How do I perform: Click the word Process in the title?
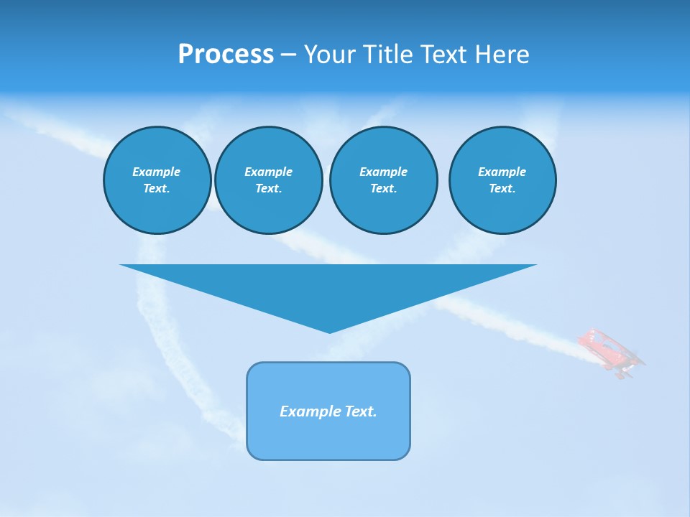click(x=226, y=55)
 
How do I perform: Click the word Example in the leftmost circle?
click(x=157, y=172)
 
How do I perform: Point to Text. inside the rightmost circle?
click(x=502, y=189)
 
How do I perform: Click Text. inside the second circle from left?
click(x=268, y=189)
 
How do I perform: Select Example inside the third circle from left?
click(x=383, y=172)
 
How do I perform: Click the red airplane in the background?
click(x=610, y=352)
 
